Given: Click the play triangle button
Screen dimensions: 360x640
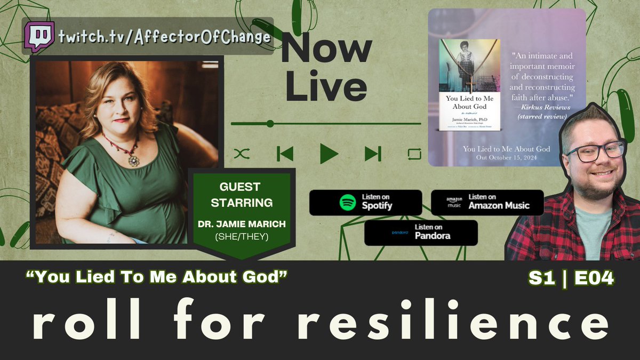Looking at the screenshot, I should coord(329,154).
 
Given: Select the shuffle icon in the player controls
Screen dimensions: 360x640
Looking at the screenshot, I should coord(242,154).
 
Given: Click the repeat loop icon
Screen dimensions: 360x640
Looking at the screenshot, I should coord(414,154).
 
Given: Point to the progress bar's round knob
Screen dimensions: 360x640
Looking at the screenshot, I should coord(270,124).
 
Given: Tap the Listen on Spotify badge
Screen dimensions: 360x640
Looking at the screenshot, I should coord(365,203).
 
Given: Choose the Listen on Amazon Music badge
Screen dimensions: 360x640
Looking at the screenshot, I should coord(487,203).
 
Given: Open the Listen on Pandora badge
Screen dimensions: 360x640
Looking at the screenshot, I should coord(421,233).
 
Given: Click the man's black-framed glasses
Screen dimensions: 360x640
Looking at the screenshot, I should coord(595,151).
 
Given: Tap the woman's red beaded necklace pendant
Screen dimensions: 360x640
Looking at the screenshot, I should coord(133,159).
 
